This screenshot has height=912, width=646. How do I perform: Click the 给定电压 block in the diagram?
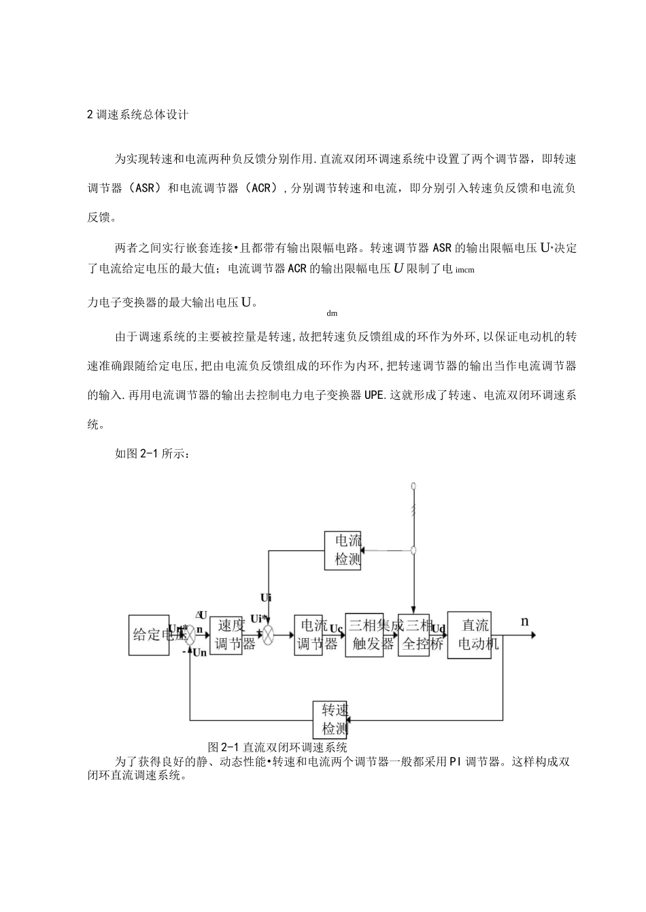(x=149, y=635)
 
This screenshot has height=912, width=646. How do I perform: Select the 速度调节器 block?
(x=226, y=635)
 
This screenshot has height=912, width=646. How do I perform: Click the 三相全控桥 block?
(x=414, y=635)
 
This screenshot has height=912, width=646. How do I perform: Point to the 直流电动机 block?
(x=469, y=635)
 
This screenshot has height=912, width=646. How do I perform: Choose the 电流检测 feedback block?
(x=343, y=550)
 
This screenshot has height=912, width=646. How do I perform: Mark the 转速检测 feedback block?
(x=330, y=720)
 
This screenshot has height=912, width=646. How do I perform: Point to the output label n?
(x=524, y=621)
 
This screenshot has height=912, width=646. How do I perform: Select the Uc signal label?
(x=337, y=629)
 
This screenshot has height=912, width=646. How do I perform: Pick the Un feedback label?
(x=199, y=653)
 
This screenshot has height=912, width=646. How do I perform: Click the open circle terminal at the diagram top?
(x=413, y=486)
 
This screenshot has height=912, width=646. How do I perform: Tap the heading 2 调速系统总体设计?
(x=138, y=115)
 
